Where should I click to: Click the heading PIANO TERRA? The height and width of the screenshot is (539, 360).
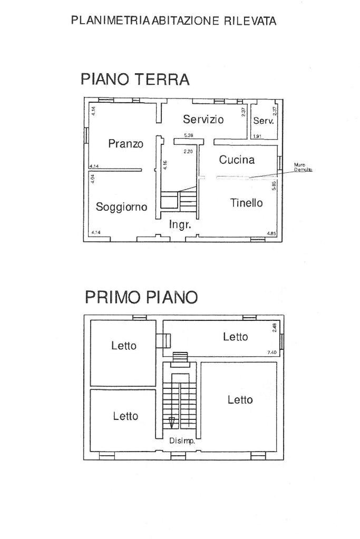134,80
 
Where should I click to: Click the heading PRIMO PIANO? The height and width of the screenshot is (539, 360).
141,297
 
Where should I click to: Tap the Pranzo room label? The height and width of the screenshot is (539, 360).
126,143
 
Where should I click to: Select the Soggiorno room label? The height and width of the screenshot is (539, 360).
121,207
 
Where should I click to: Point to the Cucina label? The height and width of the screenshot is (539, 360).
237,160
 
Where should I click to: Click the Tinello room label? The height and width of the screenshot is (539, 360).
246,203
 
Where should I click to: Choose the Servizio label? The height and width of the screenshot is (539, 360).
203,119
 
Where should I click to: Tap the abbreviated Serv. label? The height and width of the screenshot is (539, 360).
264,121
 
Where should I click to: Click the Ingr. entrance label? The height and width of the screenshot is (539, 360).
180,224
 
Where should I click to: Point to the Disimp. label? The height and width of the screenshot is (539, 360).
182,442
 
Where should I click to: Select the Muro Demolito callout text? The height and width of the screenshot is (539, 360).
303,168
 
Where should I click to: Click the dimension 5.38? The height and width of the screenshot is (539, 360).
189,136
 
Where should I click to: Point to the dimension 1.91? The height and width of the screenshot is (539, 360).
258,136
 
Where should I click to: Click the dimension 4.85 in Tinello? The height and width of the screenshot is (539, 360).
271,233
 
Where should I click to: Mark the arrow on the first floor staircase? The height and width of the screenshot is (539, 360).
172,422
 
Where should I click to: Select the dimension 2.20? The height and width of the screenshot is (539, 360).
188,152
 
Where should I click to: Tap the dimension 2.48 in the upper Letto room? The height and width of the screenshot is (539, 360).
274,327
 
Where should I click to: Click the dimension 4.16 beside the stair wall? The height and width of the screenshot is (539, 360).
165,165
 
